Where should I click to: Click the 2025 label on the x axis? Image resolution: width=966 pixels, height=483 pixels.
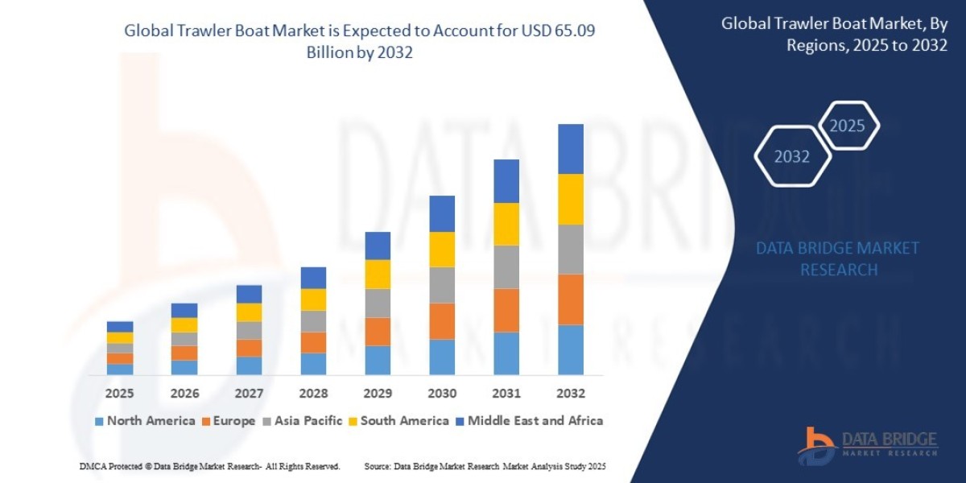[119, 394]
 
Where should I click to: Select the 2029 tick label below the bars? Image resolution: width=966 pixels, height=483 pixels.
[378, 394]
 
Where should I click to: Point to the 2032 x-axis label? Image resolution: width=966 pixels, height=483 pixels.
[570, 394]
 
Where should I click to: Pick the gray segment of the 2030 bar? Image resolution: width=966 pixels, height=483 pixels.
[442, 285]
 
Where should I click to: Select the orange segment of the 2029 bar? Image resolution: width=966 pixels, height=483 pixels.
[378, 332]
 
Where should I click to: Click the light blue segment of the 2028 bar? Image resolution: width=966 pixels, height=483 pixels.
[313, 364]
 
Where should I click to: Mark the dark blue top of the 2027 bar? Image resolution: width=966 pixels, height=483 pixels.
[249, 294]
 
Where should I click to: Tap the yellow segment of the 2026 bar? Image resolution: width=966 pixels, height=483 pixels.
[184, 325]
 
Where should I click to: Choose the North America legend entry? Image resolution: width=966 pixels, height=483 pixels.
[145, 421]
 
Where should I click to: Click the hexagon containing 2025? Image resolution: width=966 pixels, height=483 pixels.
[847, 126]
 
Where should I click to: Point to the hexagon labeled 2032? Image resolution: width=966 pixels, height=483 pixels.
[791, 157]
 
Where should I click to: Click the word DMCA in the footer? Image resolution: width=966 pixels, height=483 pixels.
[93, 467]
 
